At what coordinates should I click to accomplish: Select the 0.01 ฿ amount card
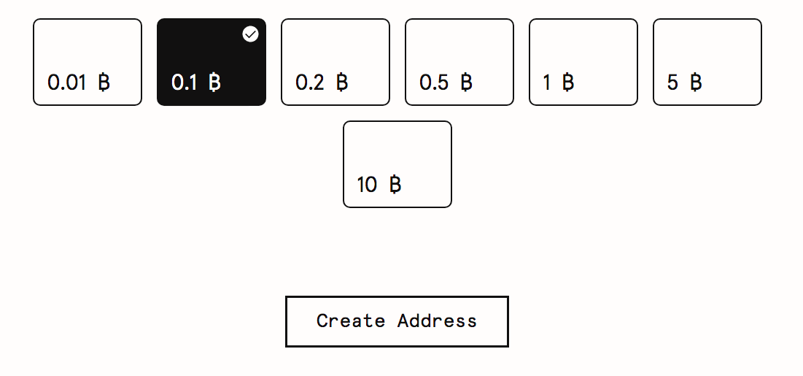coord(88,62)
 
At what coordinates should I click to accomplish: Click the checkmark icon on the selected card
coord(250,34)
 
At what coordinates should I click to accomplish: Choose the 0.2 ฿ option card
coord(335,62)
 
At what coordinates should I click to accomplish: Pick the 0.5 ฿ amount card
coord(459,62)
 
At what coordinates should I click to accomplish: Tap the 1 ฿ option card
coord(583,62)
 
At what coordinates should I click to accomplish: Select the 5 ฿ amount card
coord(707,62)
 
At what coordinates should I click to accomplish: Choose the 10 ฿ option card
coord(397,164)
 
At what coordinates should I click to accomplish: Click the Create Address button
coord(397,322)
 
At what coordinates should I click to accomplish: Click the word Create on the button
coord(351,321)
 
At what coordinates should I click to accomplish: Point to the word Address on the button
coord(438,321)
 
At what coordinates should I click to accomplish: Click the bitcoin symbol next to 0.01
coord(104,82)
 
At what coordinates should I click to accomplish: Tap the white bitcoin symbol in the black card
coord(215,82)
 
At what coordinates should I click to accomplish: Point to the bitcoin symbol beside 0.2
coord(343,82)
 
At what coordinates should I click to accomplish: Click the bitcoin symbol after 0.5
coord(467,82)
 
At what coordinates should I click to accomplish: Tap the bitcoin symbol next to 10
coord(395,184)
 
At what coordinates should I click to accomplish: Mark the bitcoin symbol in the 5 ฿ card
coord(696,82)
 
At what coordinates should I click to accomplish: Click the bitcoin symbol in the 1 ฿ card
coord(568,82)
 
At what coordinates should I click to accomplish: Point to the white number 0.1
coord(185,83)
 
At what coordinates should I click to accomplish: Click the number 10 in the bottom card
coord(367,185)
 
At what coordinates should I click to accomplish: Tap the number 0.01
coord(66,83)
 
